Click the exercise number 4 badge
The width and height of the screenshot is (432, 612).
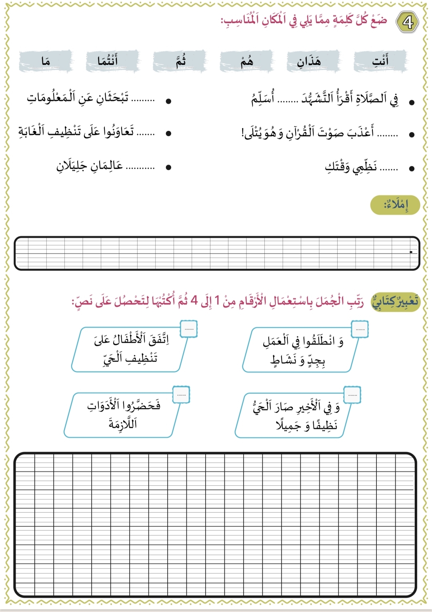click(x=407, y=22)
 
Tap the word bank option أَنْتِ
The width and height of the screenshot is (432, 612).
click(x=380, y=61)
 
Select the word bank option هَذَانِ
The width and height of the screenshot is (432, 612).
click(x=309, y=61)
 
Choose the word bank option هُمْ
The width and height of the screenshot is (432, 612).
click(x=247, y=61)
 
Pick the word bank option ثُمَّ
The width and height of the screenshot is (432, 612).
click(x=180, y=61)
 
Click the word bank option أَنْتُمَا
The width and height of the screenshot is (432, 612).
click(x=108, y=61)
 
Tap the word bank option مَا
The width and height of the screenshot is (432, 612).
click(x=46, y=61)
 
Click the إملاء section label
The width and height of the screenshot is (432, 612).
click(x=395, y=205)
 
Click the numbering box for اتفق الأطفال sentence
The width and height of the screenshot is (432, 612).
click(x=189, y=329)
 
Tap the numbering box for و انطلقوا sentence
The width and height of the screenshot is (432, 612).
click(x=360, y=329)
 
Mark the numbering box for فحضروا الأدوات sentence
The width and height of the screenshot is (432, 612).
click(x=181, y=395)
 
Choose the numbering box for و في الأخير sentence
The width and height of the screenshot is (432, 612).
click(x=352, y=395)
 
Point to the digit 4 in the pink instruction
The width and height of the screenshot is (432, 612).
click(x=194, y=300)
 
